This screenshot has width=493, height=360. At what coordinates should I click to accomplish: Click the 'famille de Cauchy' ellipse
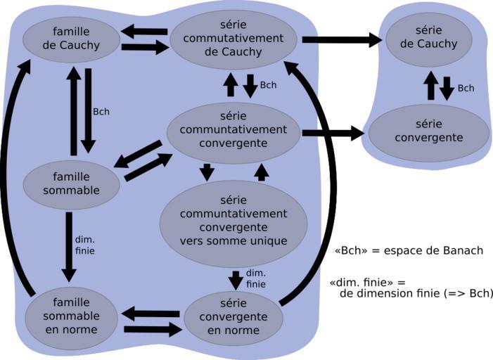coord(71,39)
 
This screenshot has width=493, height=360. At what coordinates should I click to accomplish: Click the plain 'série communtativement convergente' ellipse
coord(233,130)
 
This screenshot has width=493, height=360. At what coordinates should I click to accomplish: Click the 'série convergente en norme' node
coord(233,318)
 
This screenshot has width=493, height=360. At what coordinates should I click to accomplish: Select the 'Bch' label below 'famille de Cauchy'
coord(101,111)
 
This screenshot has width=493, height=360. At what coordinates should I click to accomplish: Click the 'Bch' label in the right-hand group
coord(466,88)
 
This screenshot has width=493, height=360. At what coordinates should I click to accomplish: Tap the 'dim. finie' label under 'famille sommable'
coord(84,245)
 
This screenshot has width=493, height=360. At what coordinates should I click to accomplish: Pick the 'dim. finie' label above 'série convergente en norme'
coord(255,278)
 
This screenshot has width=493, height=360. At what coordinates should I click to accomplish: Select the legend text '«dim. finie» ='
coord(367,282)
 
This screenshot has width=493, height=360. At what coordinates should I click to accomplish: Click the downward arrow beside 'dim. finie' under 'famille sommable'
coord(69,246)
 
